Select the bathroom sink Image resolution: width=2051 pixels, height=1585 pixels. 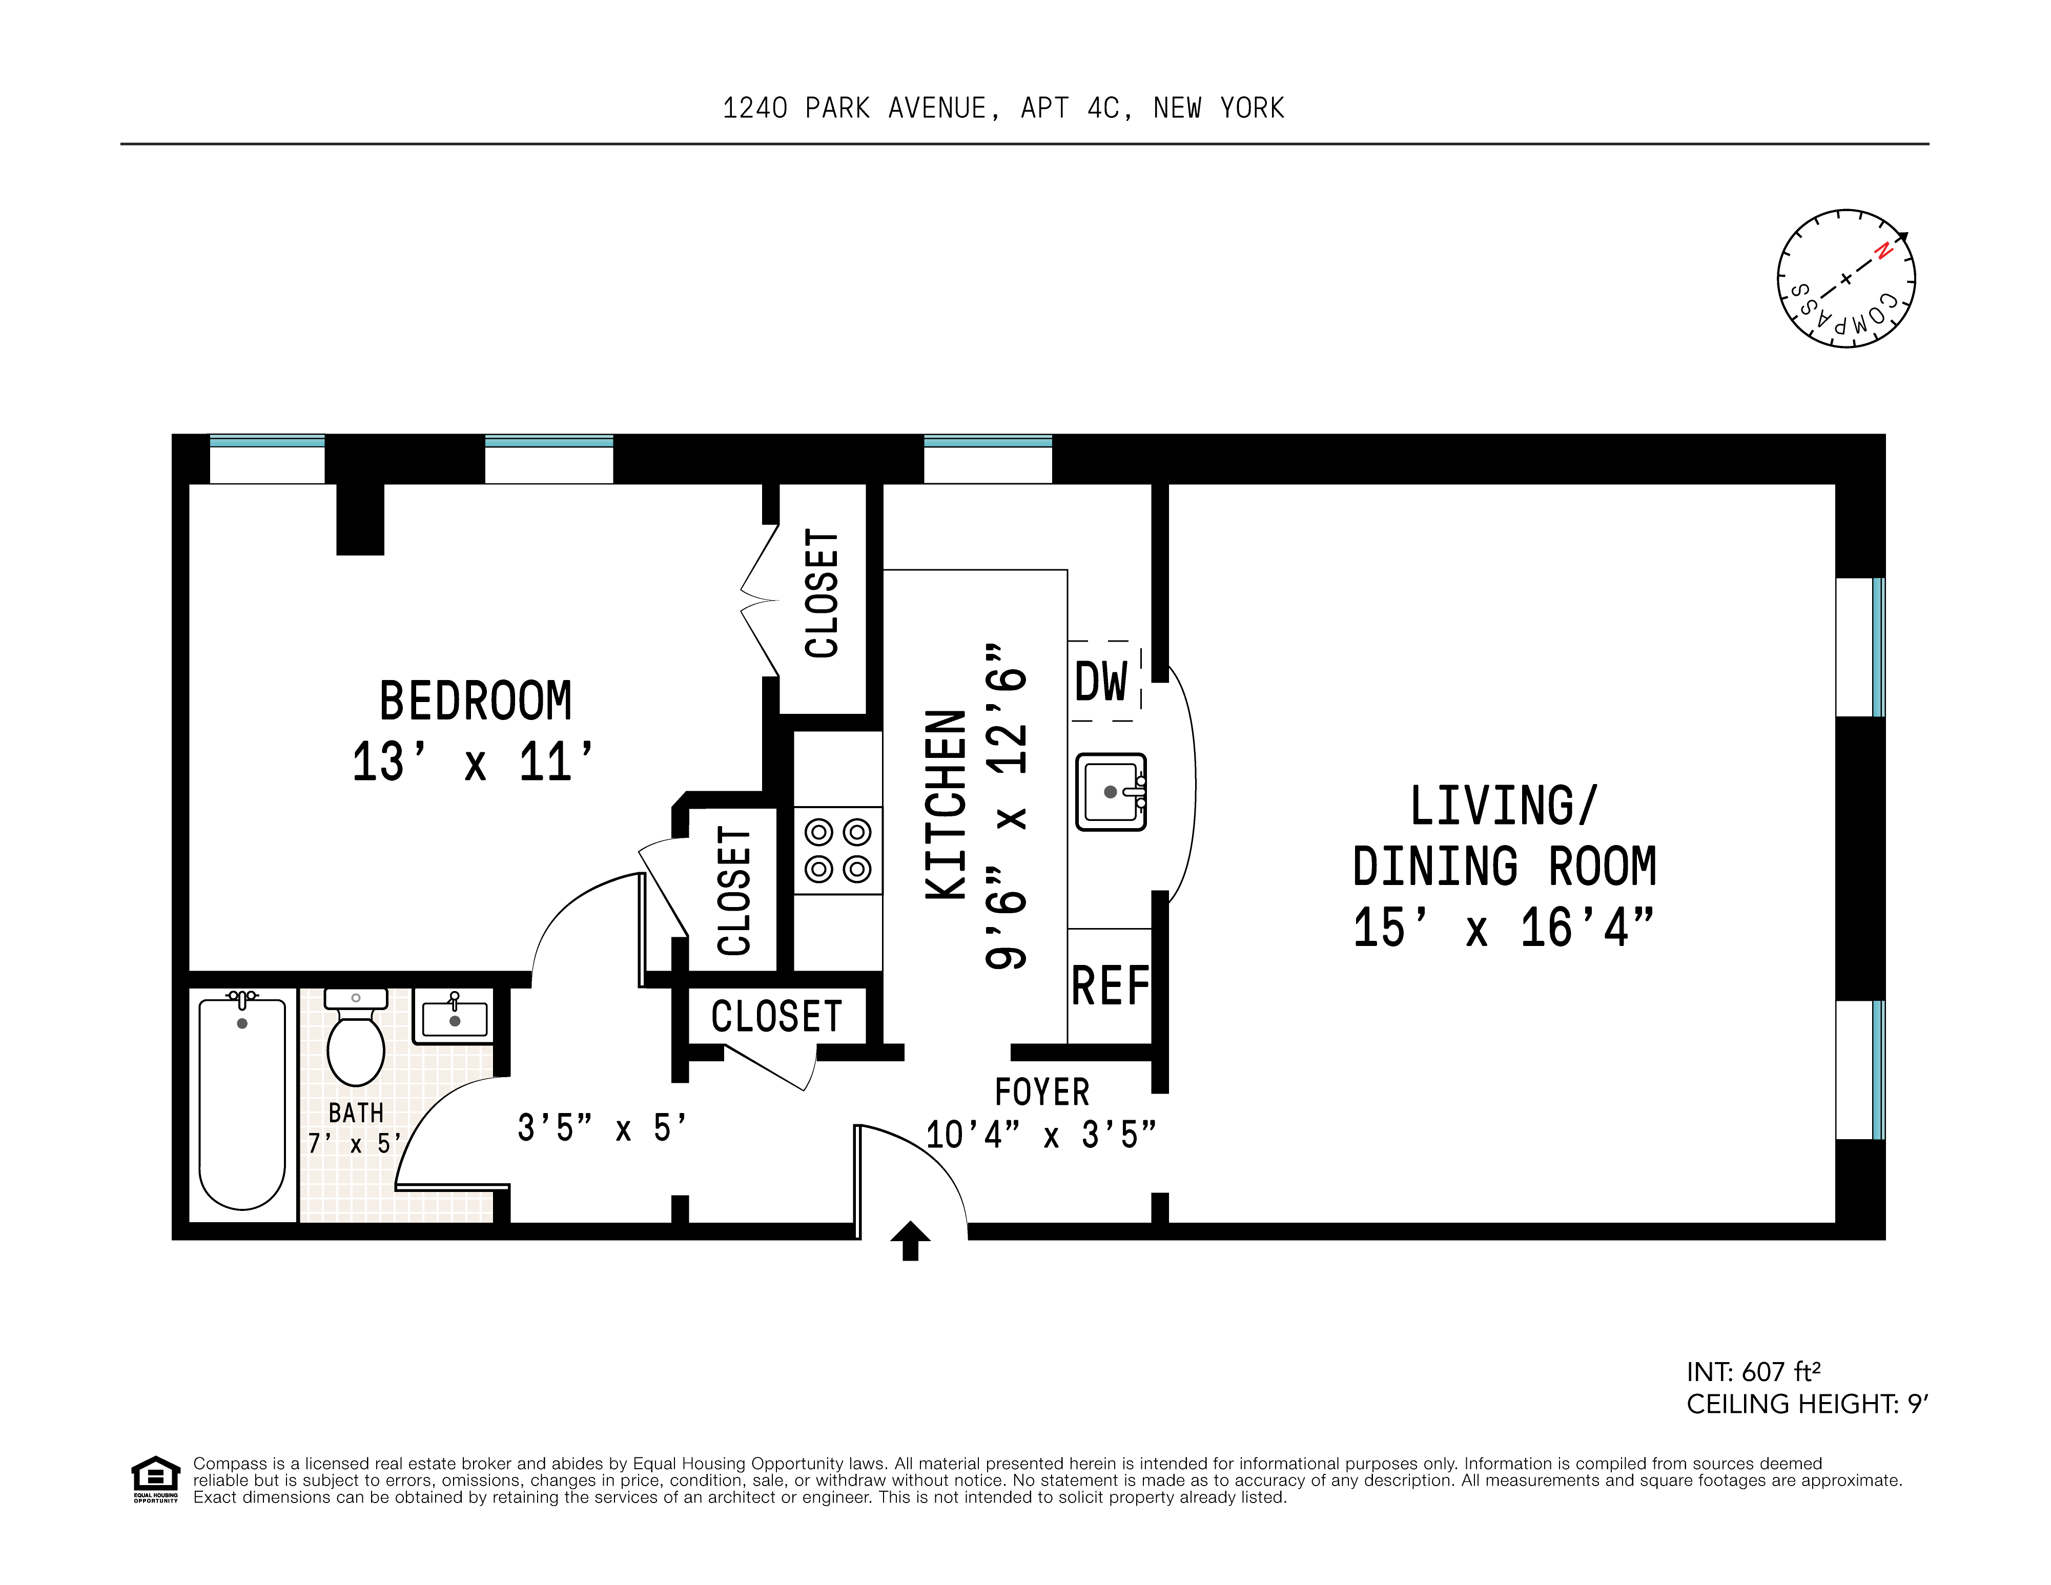coord(454,1017)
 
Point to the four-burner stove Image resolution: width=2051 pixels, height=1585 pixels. coord(838,851)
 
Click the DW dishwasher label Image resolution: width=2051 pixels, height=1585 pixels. coord(1101,682)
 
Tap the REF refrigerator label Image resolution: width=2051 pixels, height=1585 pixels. coord(1110,986)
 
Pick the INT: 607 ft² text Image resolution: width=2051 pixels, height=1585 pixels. coord(1753,1372)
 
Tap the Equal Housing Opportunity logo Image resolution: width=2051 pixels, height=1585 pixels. coord(155,1479)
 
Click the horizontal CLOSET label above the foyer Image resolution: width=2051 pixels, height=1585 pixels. coord(776,1017)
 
